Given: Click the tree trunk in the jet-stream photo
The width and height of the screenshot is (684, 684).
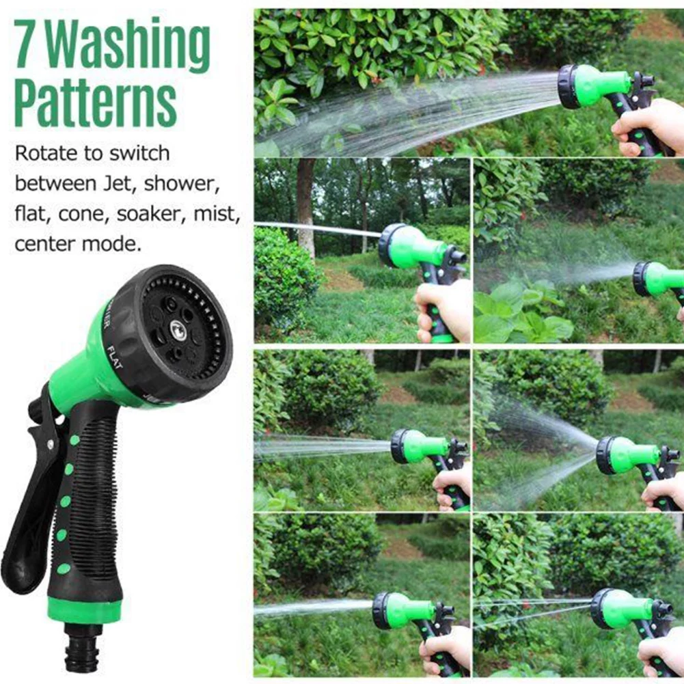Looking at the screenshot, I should [305, 205].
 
